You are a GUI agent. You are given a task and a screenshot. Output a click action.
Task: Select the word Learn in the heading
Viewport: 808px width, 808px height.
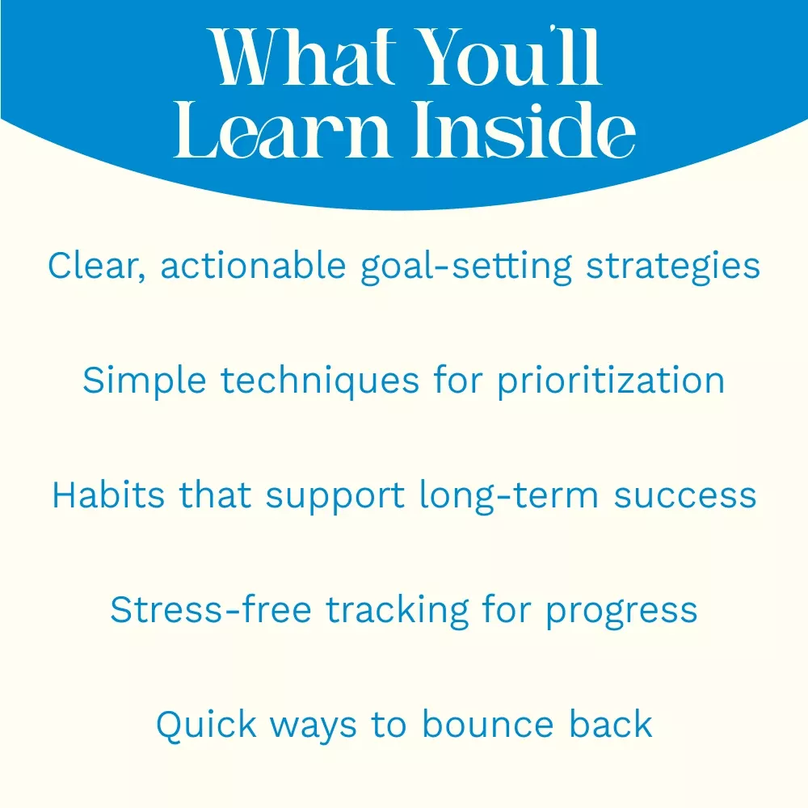pyautogui.click(x=281, y=128)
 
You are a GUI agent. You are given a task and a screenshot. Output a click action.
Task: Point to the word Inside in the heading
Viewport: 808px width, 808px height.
pyautogui.click(x=524, y=128)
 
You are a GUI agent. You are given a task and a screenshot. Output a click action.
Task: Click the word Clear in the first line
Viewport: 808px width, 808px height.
pyautogui.click(x=97, y=266)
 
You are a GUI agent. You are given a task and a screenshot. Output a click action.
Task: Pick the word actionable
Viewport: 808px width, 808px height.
pyautogui.click(x=253, y=265)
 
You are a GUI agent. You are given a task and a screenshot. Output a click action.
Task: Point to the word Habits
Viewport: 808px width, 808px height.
pyautogui.click(x=108, y=494)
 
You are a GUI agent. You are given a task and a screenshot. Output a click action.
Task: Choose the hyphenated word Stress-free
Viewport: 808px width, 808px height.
pyautogui.click(x=211, y=609)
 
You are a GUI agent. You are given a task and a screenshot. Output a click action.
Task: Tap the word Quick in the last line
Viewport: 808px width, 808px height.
pyautogui.click(x=206, y=725)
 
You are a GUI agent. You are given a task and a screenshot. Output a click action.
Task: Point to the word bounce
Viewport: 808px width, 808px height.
pyautogui.click(x=488, y=724)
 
